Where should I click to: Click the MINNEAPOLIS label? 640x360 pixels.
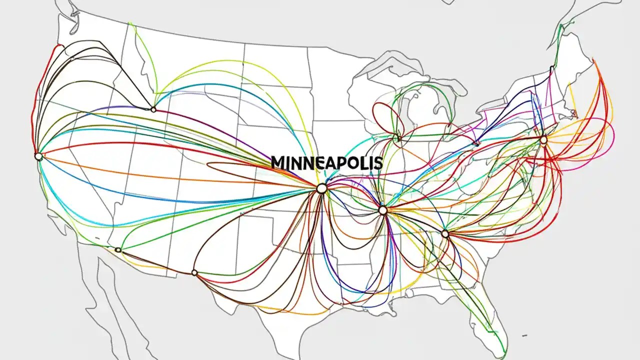326,162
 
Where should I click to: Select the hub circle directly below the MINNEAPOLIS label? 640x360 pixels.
321,188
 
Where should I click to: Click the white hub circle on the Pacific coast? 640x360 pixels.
38,156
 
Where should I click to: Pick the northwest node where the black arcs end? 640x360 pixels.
153,109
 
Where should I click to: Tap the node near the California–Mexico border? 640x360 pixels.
118,249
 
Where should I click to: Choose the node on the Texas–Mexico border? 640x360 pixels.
194,272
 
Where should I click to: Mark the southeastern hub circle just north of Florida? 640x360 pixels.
445,233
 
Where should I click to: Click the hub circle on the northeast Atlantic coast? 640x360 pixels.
543,140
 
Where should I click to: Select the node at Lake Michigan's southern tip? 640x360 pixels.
397,137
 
